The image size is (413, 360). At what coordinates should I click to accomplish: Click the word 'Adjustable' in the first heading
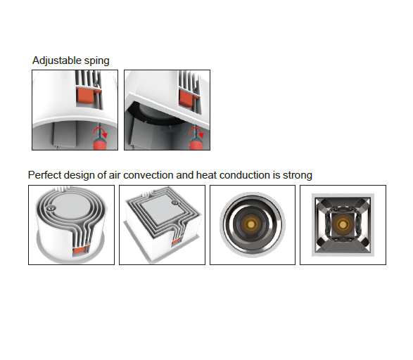57,60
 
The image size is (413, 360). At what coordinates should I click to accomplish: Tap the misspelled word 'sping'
96,61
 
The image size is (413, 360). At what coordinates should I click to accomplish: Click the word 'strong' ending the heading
298,175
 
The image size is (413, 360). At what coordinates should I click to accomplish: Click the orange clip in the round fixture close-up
85,96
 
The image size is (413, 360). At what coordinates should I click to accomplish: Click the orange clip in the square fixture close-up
186,98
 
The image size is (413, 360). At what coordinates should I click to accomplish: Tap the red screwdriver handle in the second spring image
196,144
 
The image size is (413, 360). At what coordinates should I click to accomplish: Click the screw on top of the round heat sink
51,208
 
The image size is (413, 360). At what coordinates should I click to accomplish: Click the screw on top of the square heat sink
174,202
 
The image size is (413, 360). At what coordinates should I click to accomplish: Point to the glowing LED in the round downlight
252,224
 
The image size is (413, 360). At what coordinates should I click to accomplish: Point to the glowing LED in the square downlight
343,224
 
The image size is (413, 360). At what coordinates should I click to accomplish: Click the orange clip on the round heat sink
80,250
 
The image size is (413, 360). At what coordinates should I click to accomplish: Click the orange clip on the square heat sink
177,242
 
